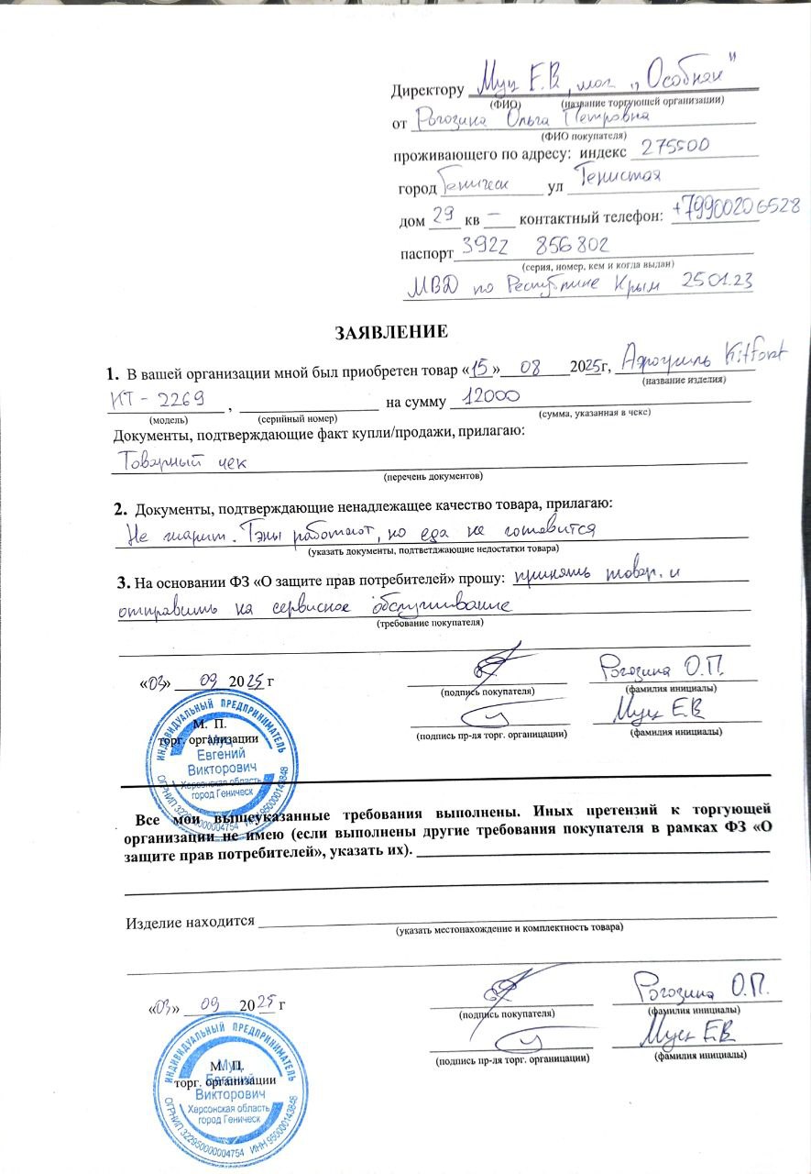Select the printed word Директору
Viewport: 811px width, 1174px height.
(x=427, y=92)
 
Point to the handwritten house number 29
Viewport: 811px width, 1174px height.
(x=443, y=217)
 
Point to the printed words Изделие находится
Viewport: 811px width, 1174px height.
(x=189, y=922)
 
